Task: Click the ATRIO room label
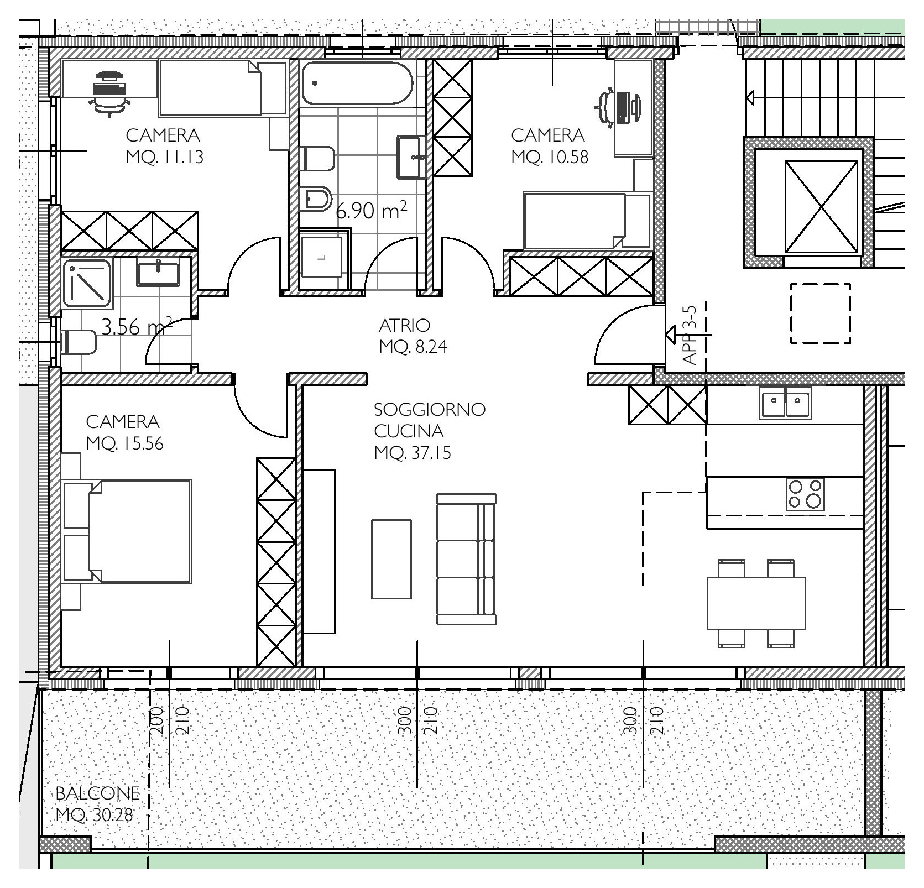pyautogui.click(x=404, y=325)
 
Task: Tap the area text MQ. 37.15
pyautogui.click(x=413, y=453)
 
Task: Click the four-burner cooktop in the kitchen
pyautogui.click(x=805, y=494)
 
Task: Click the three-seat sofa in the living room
pyautogui.click(x=466, y=559)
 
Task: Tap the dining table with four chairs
pyautogui.click(x=756, y=603)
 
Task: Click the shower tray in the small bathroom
pyautogui.click(x=87, y=283)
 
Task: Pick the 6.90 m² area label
pyautogui.click(x=372, y=210)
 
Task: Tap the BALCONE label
pyautogui.click(x=97, y=793)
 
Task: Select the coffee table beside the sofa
pyautogui.click(x=391, y=559)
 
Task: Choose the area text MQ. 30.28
pyautogui.click(x=95, y=815)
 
